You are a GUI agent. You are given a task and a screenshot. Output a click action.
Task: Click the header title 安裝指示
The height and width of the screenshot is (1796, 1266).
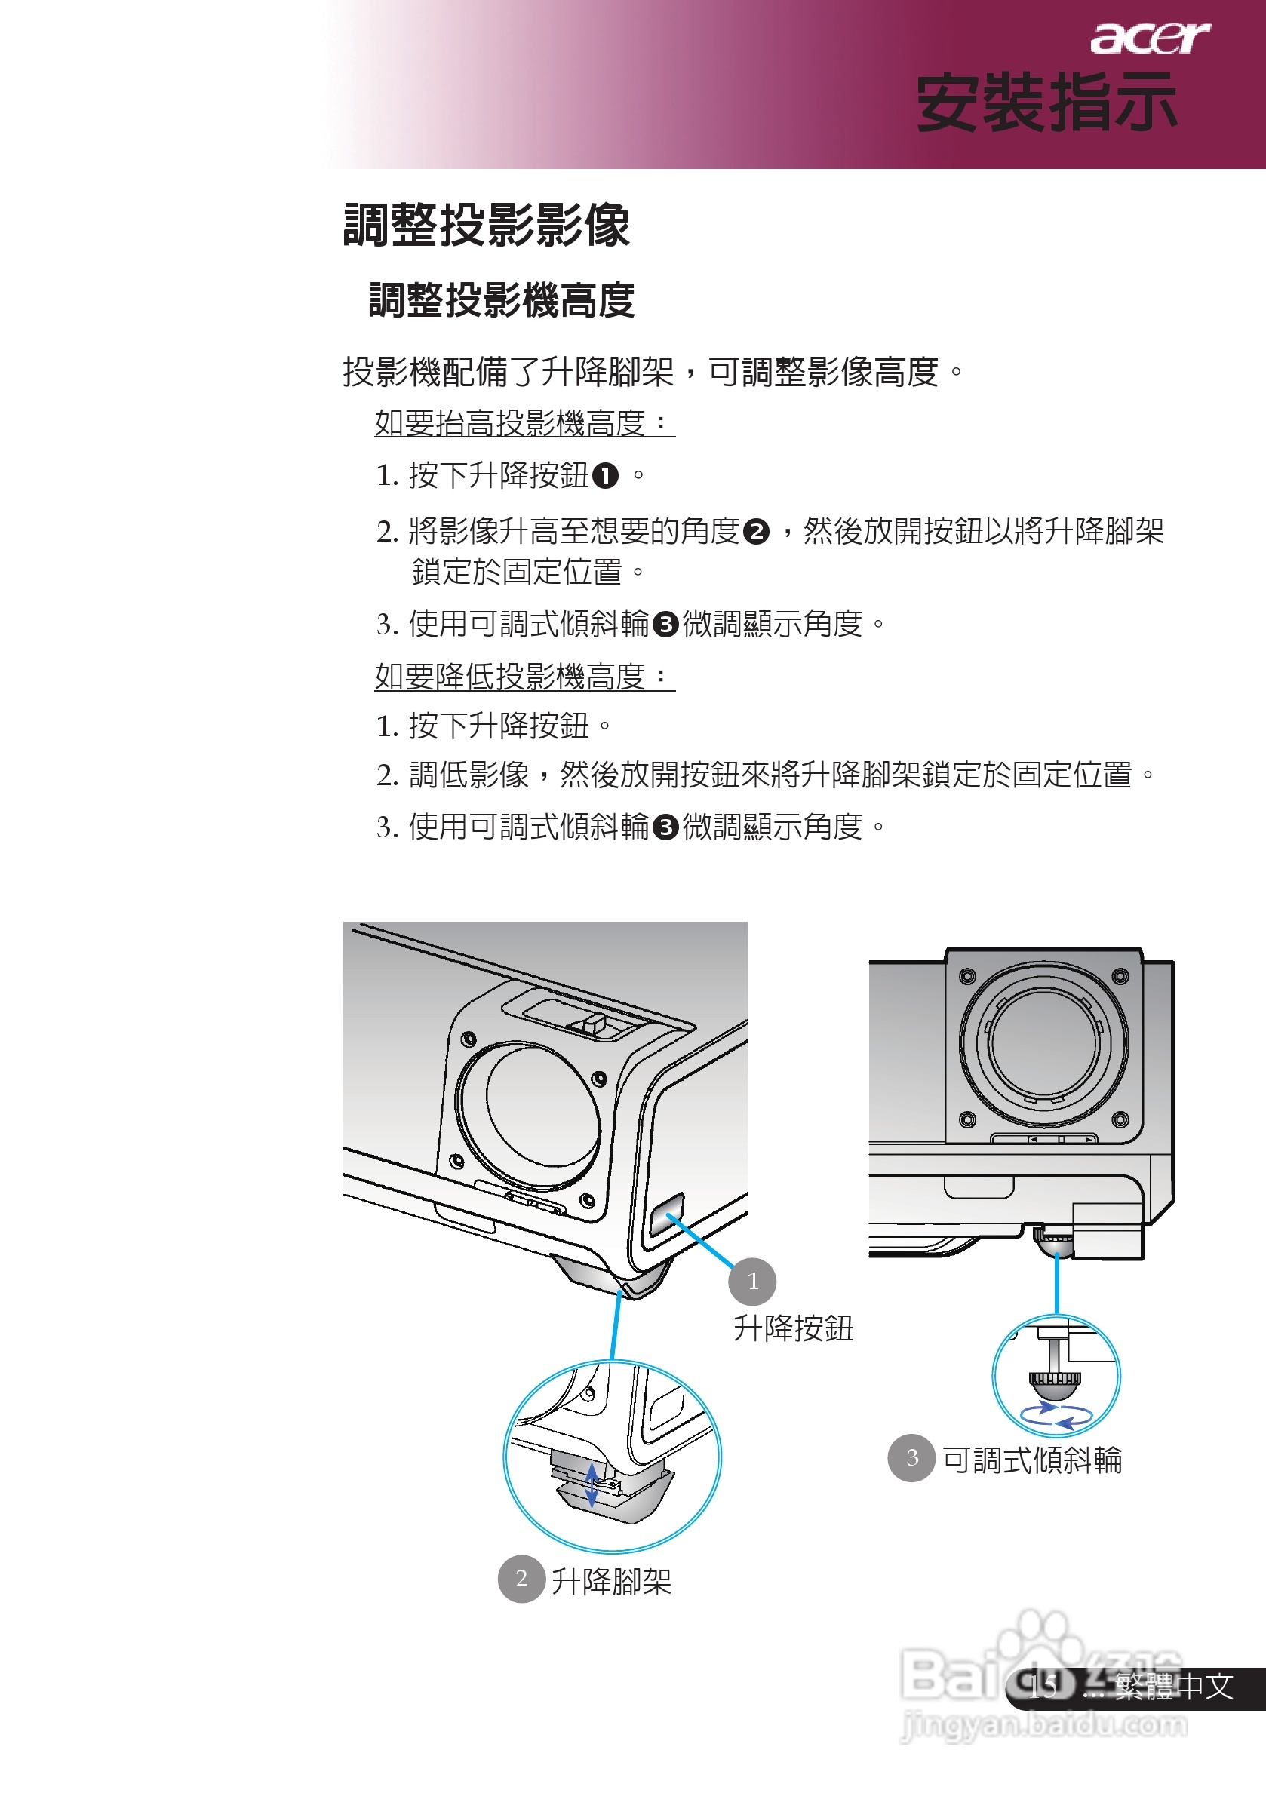tap(1046, 103)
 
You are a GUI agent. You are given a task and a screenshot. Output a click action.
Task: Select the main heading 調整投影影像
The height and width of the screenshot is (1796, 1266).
tap(487, 226)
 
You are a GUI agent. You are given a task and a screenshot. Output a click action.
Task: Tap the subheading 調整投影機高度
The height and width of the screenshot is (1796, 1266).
tap(502, 300)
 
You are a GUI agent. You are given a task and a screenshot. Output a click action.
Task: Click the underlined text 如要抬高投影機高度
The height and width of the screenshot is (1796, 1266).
tap(523, 423)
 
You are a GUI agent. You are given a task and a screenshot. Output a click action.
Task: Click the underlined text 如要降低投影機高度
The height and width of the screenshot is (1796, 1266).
tap(523, 676)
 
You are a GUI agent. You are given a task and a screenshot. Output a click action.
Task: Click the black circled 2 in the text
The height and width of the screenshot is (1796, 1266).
tap(756, 532)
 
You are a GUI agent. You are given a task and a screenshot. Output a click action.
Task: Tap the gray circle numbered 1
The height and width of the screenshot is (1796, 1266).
tap(752, 1282)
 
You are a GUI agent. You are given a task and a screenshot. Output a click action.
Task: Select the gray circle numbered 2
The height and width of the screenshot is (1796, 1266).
tap(521, 1579)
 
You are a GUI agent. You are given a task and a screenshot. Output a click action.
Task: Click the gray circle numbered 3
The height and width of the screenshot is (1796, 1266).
tap(911, 1457)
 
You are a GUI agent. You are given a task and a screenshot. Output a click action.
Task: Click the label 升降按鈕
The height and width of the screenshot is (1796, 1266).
tap(793, 1328)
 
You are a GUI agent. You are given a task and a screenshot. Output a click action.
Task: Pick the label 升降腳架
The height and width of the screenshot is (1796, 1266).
tap(611, 1581)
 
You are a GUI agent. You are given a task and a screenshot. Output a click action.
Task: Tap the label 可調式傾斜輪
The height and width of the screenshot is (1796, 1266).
tap(1032, 1460)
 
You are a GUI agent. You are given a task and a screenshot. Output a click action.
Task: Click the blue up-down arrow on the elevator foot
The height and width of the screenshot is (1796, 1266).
tap(592, 1484)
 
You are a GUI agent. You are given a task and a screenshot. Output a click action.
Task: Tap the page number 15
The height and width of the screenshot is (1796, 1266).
tap(1042, 1687)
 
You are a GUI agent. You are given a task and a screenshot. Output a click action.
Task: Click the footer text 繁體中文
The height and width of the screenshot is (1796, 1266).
tap(1174, 1687)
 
